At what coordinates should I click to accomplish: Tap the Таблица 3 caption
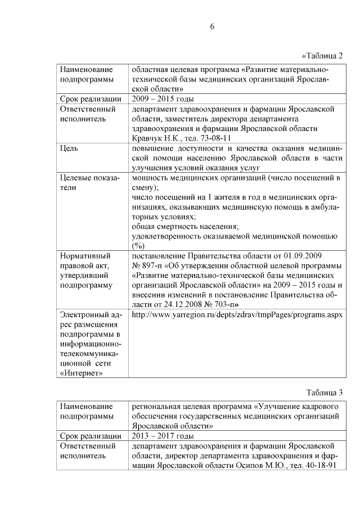[x=324, y=391]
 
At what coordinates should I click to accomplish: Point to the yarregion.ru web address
[x=236, y=315]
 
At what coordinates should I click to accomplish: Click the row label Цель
[x=69, y=148]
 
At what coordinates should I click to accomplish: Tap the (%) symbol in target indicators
[x=138, y=246]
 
